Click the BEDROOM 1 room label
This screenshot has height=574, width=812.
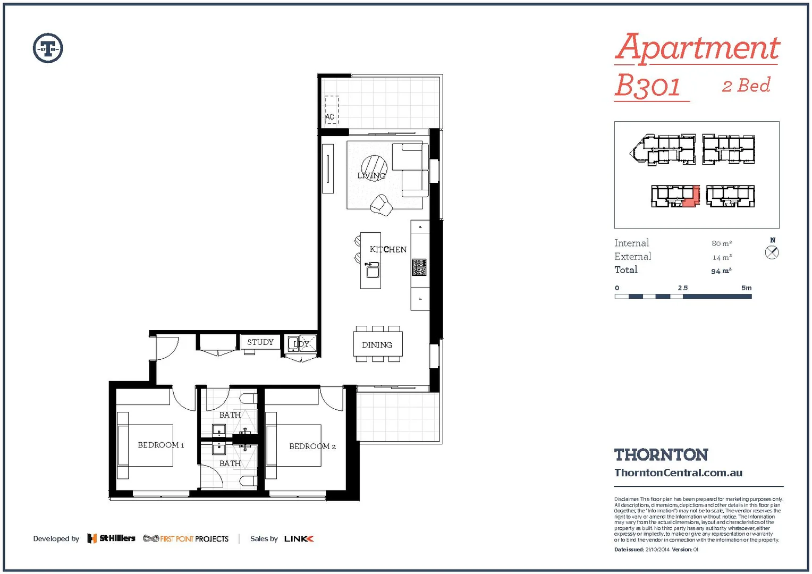[x=160, y=445]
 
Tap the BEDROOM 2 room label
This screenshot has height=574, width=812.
[x=312, y=446]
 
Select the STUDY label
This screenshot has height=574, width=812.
[x=260, y=342]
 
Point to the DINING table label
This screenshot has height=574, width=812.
[x=377, y=345]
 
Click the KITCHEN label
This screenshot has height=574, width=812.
[x=388, y=249]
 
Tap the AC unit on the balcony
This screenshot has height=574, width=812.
[x=332, y=110]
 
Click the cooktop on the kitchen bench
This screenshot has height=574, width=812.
[x=419, y=267]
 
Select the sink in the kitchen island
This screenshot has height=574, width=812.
[x=373, y=271]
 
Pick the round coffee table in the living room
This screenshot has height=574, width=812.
[x=374, y=168]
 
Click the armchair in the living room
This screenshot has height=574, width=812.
[x=381, y=205]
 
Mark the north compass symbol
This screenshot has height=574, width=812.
[x=772, y=252]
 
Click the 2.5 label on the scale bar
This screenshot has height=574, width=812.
[x=682, y=288]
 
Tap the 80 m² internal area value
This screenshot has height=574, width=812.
[x=722, y=243]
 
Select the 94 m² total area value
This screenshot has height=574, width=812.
[x=721, y=271]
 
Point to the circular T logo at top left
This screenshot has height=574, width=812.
[x=48, y=48]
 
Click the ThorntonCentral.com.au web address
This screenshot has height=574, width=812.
[x=678, y=472]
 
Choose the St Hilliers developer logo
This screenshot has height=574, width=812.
[x=111, y=538]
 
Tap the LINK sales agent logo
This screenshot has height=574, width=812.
[x=299, y=539]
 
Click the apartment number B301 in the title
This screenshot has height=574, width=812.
[x=648, y=86]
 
